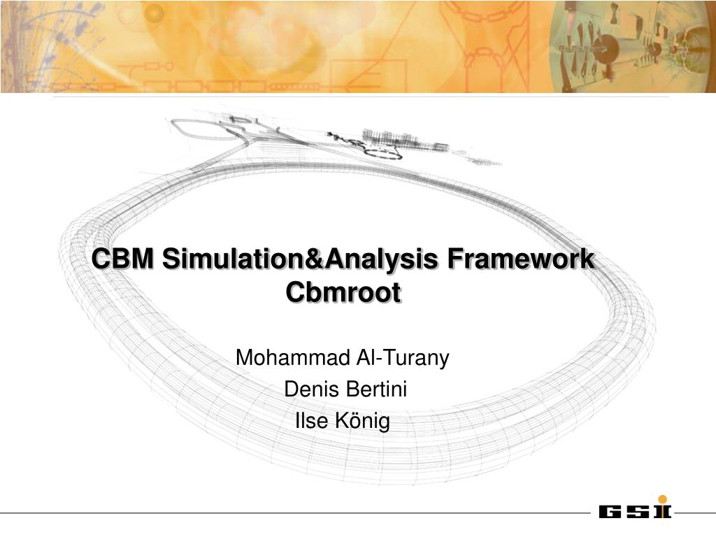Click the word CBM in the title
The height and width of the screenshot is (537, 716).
(123, 259)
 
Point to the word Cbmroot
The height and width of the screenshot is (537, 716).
(343, 292)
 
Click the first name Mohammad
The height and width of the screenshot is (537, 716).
(293, 357)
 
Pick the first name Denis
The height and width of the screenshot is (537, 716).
(312, 389)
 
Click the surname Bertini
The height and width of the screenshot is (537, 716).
(376, 389)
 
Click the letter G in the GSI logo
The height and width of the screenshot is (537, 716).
(610, 511)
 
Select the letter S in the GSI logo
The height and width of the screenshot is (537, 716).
(637, 511)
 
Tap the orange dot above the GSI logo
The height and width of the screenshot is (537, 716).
(663, 499)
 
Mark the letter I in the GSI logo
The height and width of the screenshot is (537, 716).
(663, 511)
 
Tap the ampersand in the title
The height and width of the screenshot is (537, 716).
(314, 259)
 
